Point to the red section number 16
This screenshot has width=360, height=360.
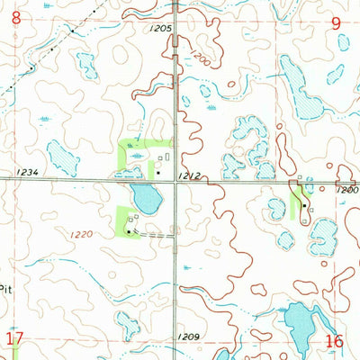click(335, 341)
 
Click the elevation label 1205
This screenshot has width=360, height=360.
click(161, 29)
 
